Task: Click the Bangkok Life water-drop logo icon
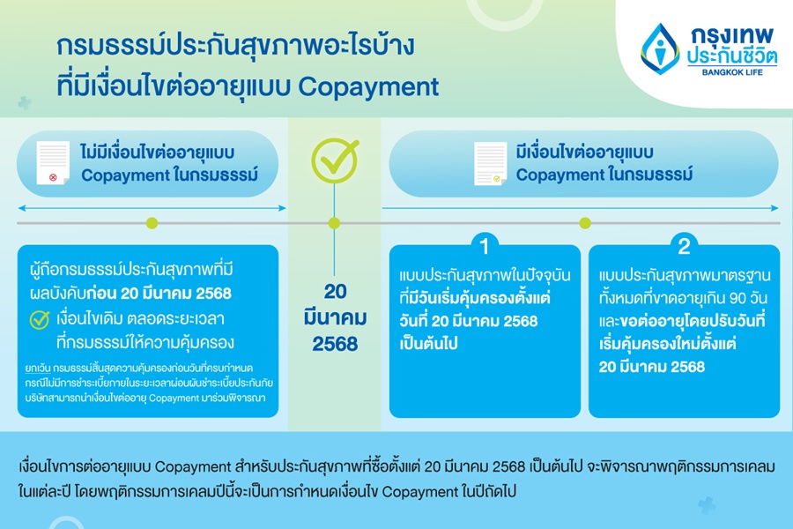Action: pyautogui.click(x=659, y=49)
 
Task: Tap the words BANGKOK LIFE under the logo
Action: pyautogui.click(x=732, y=72)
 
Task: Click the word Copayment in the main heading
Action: pyautogui.click(x=368, y=86)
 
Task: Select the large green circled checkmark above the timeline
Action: pyautogui.click(x=335, y=160)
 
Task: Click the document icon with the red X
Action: pyautogui.click(x=53, y=163)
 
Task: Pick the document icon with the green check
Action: pyautogui.click(x=490, y=163)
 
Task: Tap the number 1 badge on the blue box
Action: pyautogui.click(x=484, y=247)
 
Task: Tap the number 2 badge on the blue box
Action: pyautogui.click(x=684, y=247)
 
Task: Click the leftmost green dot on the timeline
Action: pyautogui.click(x=152, y=223)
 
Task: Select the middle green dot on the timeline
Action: pyautogui.click(x=334, y=223)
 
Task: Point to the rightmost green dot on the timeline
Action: pyautogui.click(x=585, y=223)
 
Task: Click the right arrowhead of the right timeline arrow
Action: pyautogui.click(x=775, y=208)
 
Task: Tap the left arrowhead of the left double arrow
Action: pyautogui.click(x=21, y=208)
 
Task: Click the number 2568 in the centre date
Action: pyautogui.click(x=335, y=344)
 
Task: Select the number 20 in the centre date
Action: pyautogui.click(x=335, y=292)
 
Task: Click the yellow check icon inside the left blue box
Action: pyautogui.click(x=40, y=319)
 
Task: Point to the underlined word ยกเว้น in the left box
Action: pyautogui.click(x=37, y=368)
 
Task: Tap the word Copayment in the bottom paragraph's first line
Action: pyautogui.click(x=193, y=466)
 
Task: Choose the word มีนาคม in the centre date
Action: pyautogui.click(x=335, y=318)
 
